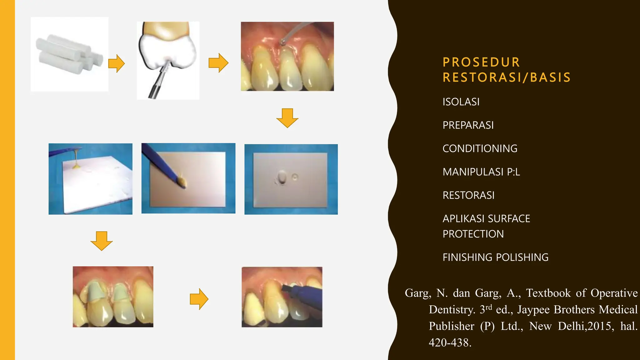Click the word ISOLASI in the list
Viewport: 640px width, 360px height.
[461, 102]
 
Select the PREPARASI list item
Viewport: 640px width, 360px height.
[468, 125]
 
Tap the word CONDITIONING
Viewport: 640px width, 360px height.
[480, 148]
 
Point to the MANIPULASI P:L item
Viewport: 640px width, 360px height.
[481, 172]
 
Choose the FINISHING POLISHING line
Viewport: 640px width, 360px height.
[495, 257]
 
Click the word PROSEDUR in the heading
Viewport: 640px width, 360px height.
[481, 62]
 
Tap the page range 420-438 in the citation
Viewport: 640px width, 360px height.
[450, 342]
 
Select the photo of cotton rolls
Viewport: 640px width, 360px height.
[69, 54]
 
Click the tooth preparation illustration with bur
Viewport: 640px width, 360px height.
[168, 60]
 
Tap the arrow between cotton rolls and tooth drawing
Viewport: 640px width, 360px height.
[116, 63]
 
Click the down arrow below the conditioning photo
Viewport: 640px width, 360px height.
[287, 118]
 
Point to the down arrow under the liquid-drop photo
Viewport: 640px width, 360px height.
[102, 241]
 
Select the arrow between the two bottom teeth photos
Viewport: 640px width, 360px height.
[199, 299]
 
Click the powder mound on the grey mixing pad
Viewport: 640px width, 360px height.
[282, 177]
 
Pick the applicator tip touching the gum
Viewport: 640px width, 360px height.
[282, 42]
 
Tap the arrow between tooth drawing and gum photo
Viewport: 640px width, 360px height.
[218, 63]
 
